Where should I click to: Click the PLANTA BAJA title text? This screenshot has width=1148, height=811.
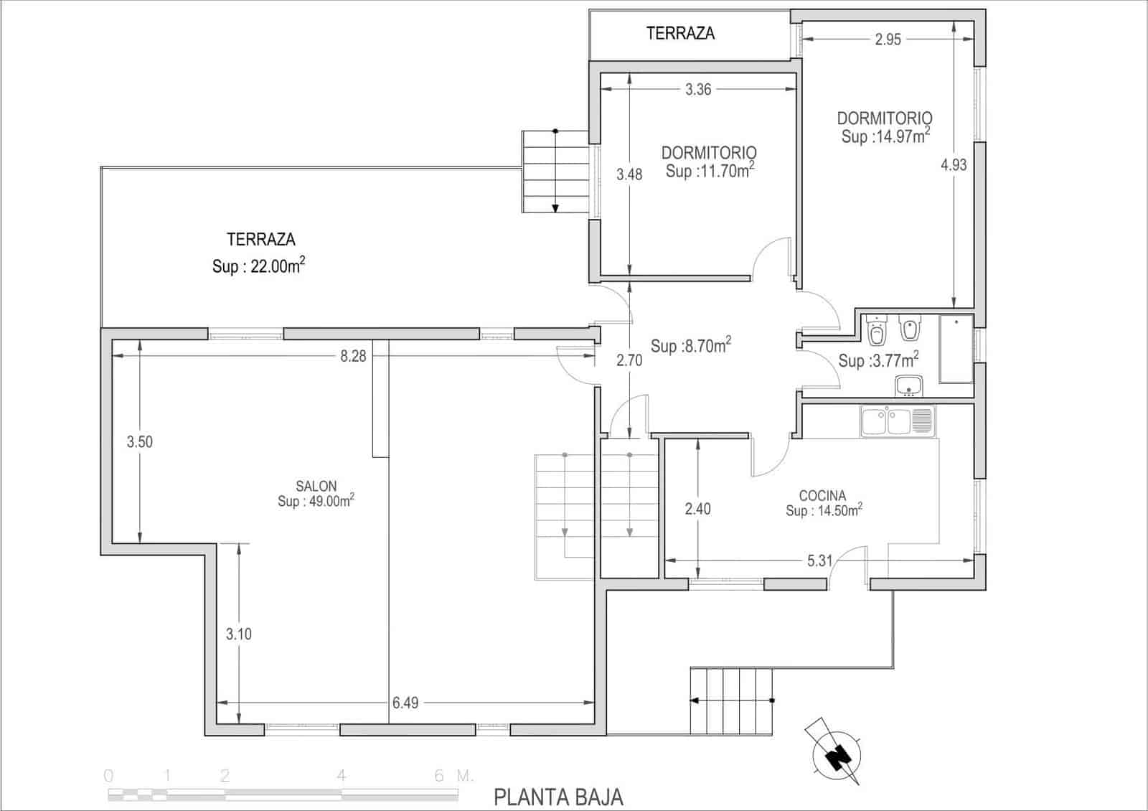pos(558,797)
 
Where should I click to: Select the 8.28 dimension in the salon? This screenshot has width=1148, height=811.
pos(353,356)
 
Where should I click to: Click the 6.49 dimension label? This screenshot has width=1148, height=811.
pos(405,703)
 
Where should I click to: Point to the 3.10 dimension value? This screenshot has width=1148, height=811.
pos(239,634)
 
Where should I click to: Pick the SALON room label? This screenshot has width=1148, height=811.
pos(316,487)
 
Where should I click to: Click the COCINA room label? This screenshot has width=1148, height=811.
pos(822,496)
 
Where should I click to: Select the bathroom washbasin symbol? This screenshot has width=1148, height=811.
pos(909,386)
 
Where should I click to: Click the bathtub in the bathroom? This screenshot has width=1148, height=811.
pos(956,348)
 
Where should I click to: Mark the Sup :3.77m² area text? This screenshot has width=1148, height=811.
pos(878,360)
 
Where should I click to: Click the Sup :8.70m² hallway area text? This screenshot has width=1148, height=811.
pos(690,346)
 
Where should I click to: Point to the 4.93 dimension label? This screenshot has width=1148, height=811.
pos(954,165)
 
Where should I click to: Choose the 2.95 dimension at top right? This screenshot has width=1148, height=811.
pos(888,40)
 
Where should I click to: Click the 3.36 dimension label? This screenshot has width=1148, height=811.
pos(698,90)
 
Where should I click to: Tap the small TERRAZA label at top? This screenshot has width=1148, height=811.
pos(680,33)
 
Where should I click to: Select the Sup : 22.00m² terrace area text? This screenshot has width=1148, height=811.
pos(258,266)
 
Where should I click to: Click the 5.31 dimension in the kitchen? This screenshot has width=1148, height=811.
pos(819,561)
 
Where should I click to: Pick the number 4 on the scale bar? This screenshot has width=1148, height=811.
pos(342,776)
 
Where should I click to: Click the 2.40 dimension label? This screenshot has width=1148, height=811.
pos(697,510)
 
